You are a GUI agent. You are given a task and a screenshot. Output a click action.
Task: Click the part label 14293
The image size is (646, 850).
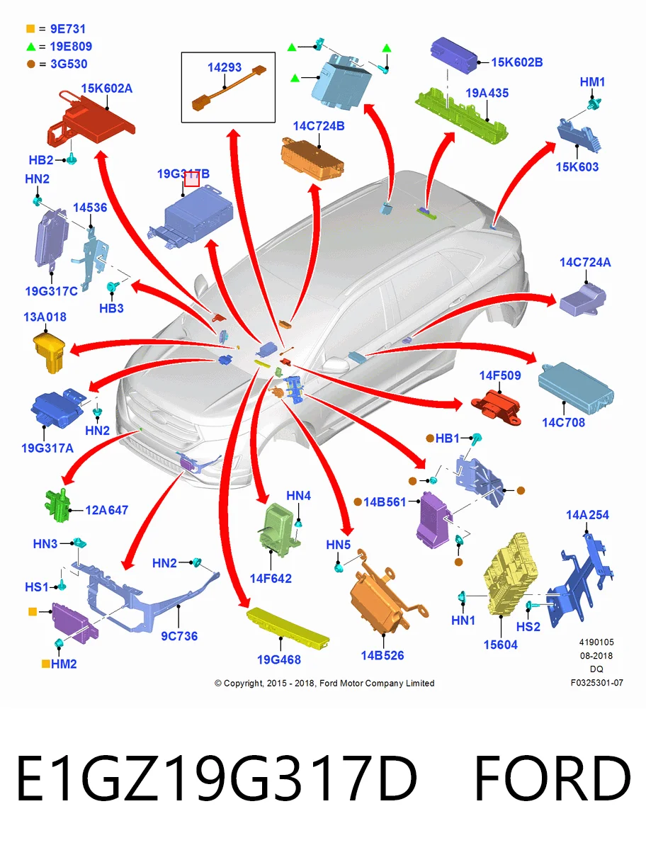[x=224, y=67]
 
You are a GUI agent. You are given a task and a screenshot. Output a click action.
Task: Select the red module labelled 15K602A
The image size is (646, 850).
[x=91, y=118]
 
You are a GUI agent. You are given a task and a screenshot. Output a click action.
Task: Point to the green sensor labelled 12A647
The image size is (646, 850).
[x=57, y=504]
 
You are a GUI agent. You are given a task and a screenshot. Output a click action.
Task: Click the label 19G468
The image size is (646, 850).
[x=278, y=659]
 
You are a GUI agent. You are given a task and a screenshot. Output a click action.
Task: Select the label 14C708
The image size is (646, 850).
[x=563, y=422]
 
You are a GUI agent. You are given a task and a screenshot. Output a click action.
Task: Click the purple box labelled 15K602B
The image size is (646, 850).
[x=454, y=55]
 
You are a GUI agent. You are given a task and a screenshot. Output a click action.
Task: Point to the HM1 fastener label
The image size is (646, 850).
[x=592, y=82]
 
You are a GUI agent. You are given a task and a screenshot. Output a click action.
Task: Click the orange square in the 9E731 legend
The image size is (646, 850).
[x=30, y=28]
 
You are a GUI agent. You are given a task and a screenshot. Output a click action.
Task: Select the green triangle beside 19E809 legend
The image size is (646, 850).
[x=30, y=47]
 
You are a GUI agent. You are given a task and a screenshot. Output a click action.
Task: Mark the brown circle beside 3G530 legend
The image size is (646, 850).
[x=30, y=64]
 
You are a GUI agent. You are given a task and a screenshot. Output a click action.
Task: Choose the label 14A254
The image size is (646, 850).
[x=587, y=515]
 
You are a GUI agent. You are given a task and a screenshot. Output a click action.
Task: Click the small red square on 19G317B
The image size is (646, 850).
[x=191, y=180]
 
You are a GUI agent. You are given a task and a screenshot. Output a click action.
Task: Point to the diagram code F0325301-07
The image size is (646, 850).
[x=597, y=683]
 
